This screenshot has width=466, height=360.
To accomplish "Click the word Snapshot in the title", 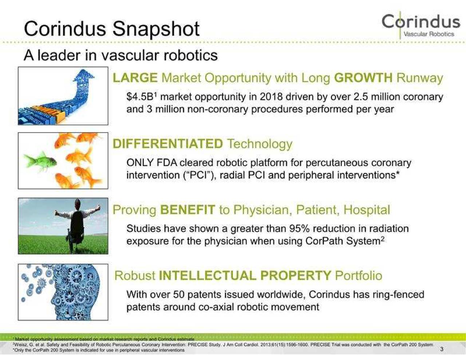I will [156, 29].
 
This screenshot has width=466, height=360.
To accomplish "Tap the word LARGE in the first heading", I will [135, 78].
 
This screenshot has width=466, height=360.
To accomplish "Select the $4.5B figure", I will [141, 97].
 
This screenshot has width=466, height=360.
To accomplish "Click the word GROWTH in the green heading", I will [363, 78].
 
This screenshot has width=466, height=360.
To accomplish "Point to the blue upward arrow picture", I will [63, 96].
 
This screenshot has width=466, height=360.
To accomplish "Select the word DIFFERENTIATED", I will [167, 144].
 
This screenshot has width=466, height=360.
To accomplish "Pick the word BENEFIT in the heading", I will [187, 210].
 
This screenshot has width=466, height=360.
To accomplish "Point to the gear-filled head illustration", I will [73, 292].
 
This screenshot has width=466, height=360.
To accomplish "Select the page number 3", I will [442, 349].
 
